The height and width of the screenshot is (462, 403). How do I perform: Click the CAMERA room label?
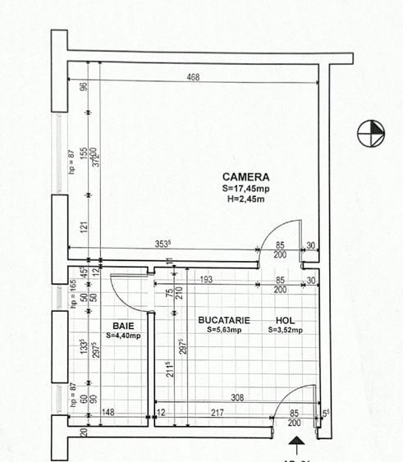tap(246, 176)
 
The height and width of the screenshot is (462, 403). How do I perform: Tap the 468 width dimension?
tap(193, 78)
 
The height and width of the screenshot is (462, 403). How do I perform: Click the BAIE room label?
tap(124, 326)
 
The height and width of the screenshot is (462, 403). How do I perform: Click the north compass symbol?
tap(371, 134)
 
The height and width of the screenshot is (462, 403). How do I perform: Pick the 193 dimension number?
tap(207, 281)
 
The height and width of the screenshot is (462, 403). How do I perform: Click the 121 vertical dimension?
tap(84, 225)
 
